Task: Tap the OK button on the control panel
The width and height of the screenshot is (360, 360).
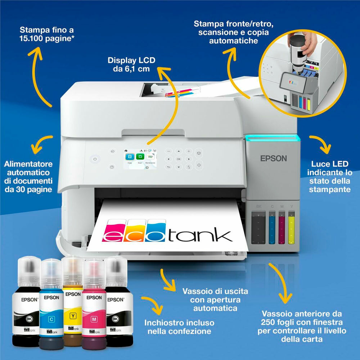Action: click(179, 159)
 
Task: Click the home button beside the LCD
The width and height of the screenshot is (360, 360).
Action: click(112, 151)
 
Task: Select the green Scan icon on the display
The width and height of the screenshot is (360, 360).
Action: click(140, 157)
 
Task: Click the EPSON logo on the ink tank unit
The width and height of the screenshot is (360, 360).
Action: click(274, 158)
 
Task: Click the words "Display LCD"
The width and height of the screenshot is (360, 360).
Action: click(131, 60)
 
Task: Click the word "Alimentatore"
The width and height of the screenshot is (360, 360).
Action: click(28, 164)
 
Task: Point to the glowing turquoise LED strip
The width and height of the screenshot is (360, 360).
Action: click(271, 137)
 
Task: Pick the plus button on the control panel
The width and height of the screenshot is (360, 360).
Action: click(188, 151)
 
